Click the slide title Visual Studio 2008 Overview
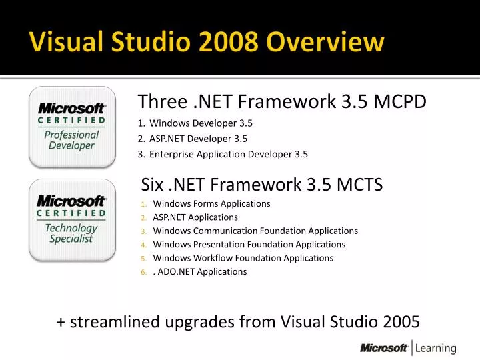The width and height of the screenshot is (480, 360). tap(207, 43)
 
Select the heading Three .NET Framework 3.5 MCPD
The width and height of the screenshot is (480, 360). tap(281, 101)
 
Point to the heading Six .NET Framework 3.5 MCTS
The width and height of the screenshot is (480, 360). tap(262, 184)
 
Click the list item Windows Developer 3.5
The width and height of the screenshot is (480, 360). tap(201, 123)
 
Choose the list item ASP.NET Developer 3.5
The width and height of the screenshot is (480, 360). tap(198, 139)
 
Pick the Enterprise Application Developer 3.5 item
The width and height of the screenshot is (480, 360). tap(228, 155)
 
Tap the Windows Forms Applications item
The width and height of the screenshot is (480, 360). tap(211, 203)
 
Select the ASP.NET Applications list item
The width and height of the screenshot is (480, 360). tap(195, 217)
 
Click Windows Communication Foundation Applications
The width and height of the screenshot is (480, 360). tap(255, 231)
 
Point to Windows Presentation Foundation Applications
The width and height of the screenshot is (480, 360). tap(249, 245)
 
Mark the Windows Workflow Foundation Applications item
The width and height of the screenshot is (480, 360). tap(243, 258)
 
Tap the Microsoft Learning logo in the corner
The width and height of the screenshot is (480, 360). tap(408, 347)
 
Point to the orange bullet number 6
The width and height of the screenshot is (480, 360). tap(143, 272)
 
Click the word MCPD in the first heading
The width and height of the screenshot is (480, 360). tap(401, 101)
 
